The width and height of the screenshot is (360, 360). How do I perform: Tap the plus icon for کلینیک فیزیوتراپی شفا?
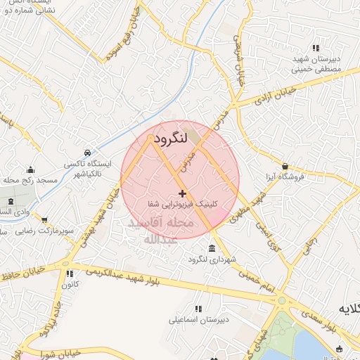(x=182, y=193)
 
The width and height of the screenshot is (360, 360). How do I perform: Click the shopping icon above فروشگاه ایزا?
(x=285, y=166)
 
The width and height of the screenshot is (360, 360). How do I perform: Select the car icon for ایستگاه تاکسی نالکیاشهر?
(x=86, y=153)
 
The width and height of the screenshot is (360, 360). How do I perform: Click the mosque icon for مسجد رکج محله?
(x=30, y=169)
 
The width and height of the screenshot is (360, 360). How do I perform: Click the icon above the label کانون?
(x=69, y=274)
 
